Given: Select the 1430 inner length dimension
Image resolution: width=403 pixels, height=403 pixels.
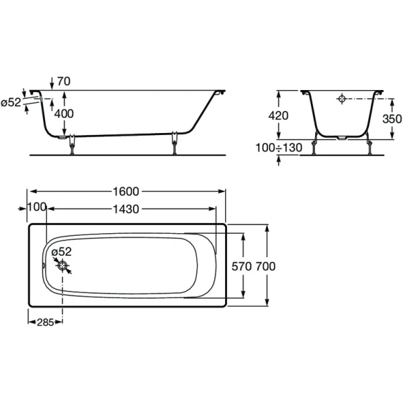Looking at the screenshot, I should coord(126,209).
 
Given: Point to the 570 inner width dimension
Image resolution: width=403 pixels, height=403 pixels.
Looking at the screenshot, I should coord(241,266).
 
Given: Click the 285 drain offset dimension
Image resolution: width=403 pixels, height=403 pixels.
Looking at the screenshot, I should coord(44,322).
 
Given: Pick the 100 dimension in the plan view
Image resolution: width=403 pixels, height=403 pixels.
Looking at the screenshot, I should coord(36,209).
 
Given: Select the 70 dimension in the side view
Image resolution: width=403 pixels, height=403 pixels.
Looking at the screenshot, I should coord(64,81).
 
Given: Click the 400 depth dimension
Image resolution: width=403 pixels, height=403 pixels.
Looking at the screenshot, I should coord(64,114).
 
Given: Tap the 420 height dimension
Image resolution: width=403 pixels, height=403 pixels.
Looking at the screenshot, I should coord(279,116).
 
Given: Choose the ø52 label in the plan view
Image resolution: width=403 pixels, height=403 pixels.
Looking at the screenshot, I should coord(62,251).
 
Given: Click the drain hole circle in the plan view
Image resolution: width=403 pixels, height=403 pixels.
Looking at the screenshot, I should coord(63,266).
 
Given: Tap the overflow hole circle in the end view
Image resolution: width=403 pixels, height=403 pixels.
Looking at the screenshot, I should coord(341,99).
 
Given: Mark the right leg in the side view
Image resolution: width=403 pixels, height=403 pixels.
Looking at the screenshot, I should coord(176,143).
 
